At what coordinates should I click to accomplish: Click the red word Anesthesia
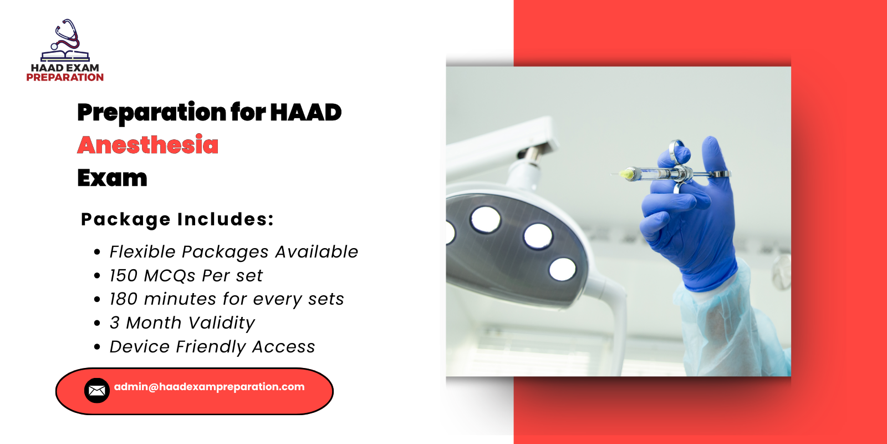pos(147,145)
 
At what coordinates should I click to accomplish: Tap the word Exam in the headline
pos(112,178)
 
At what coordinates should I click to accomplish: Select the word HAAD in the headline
pos(305,112)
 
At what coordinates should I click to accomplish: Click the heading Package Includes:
pos(177,219)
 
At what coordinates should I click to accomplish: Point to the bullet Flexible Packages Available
pos(233,252)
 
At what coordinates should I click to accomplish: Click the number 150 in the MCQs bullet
pos(123,276)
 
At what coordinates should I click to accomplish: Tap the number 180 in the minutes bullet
pos(123,299)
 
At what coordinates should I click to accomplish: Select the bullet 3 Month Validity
pos(182,323)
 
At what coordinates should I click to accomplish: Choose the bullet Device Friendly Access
pos(212,347)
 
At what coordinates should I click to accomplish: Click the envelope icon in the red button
pos(96,391)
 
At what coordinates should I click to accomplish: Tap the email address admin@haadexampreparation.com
pos(209,387)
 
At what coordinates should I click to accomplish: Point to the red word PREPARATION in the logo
pos(65,78)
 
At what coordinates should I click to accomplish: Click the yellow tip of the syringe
pos(627,174)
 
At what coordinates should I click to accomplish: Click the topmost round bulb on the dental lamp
pos(486,218)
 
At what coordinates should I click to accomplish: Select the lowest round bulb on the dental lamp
pos(562,269)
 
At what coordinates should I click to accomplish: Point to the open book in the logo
pos(65,56)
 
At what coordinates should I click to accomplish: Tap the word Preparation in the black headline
pos(151,112)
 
